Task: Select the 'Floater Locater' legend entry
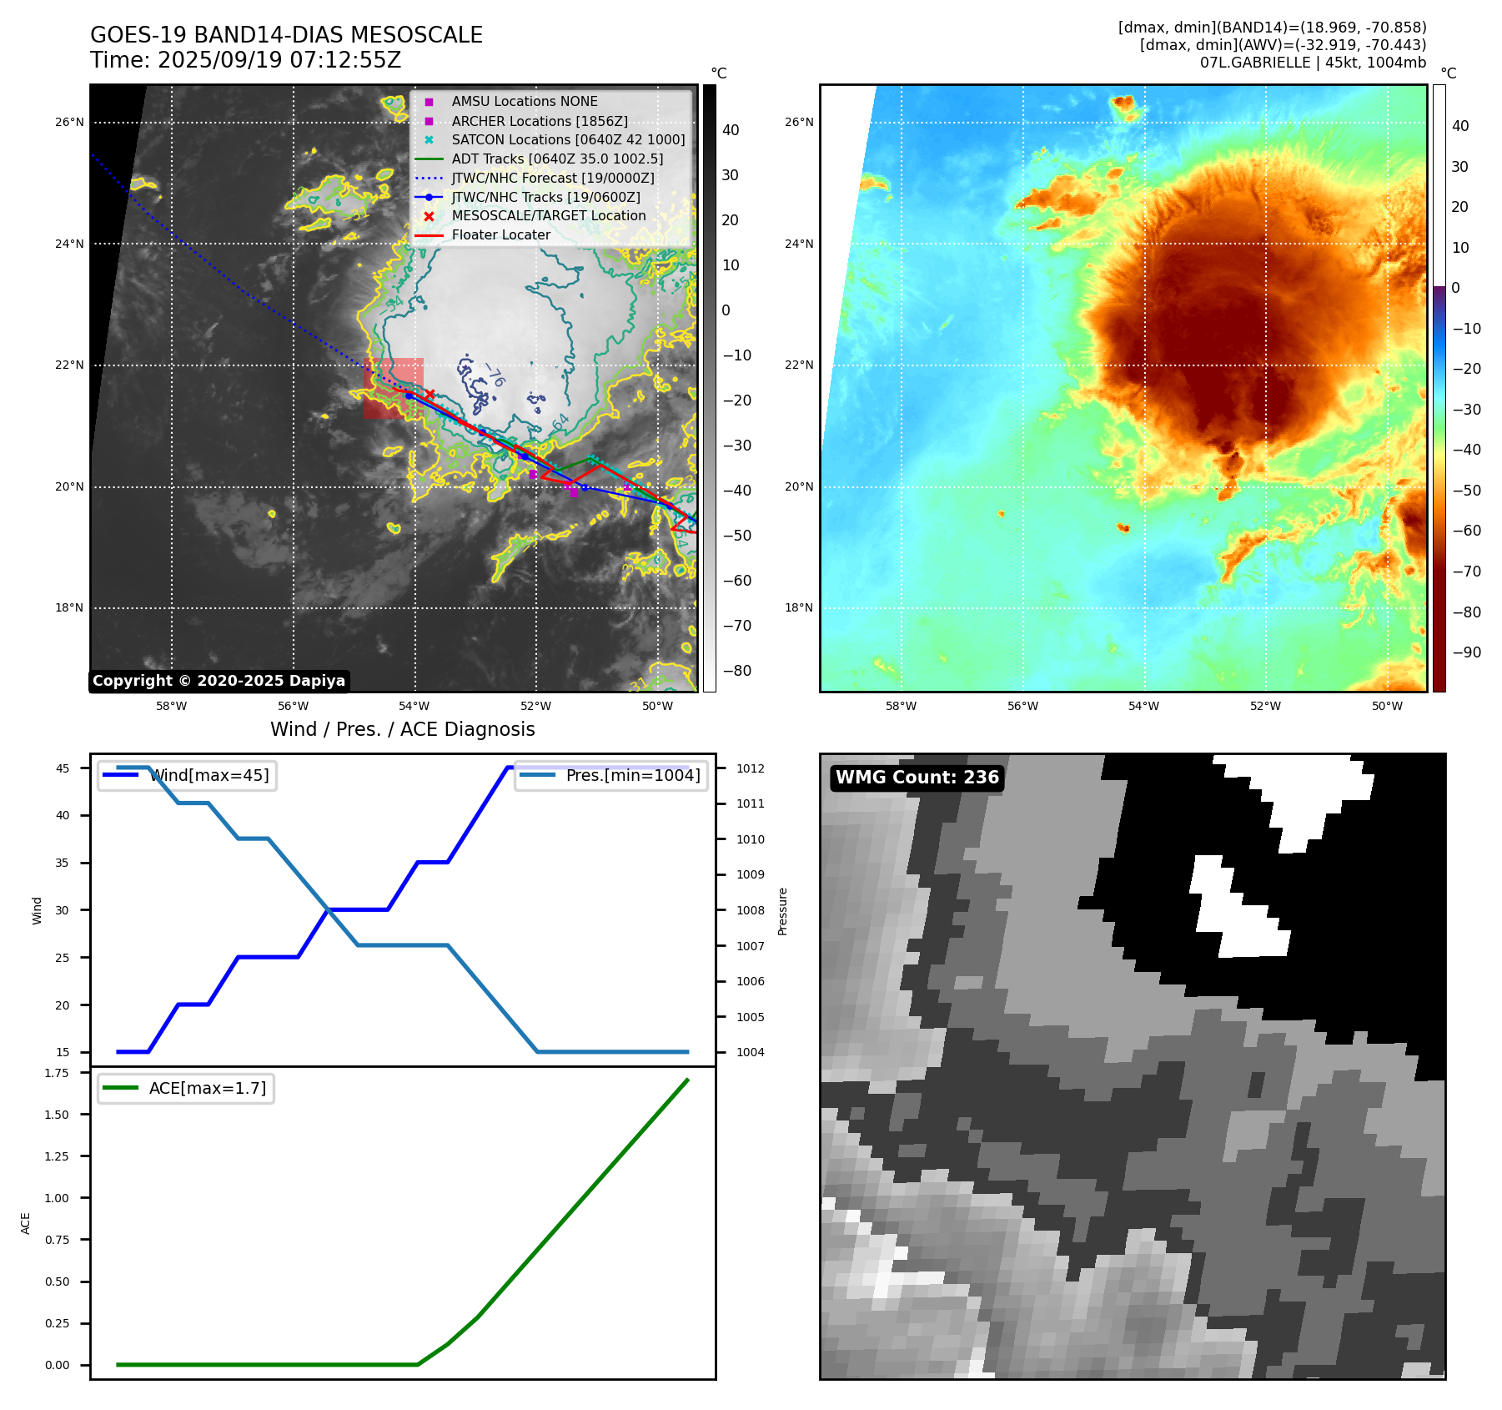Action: [x=500, y=235]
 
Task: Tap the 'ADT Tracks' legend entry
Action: [x=557, y=159]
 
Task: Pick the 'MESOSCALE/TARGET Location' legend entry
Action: [x=548, y=216]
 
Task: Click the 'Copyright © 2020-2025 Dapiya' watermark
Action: [x=219, y=681]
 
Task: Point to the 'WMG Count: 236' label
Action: [x=917, y=778]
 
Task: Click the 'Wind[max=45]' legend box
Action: [x=187, y=776]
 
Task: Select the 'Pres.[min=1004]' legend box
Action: [x=611, y=776]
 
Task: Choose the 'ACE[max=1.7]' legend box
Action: [x=186, y=1089]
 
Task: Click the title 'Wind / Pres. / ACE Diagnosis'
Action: [x=402, y=729]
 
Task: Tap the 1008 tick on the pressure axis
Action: [x=750, y=910]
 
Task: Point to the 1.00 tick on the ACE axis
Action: [x=57, y=1198]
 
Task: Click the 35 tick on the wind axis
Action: [x=63, y=863]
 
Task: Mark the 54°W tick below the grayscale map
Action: [x=414, y=707]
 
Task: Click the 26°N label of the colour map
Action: [x=799, y=123]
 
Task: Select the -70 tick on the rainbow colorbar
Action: [x=1466, y=572]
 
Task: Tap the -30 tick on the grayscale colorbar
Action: [x=736, y=446]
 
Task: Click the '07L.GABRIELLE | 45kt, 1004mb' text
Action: [x=1313, y=63]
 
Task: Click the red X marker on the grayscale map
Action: [x=430, y=394]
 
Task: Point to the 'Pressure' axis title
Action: [x=782, y=911]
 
